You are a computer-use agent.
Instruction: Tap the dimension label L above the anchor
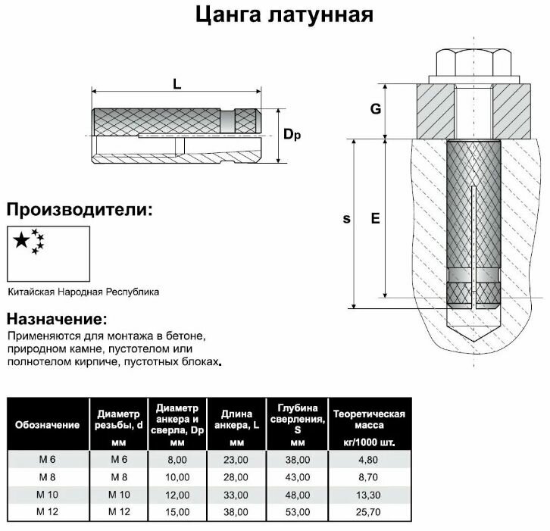[x=177, y=86]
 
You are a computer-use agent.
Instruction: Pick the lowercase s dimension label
[x=346, y=219]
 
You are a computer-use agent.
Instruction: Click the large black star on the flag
[x=21, y=241]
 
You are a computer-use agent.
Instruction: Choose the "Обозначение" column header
[x=47, y=425]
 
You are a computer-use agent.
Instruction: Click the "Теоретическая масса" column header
[x=369, y=425]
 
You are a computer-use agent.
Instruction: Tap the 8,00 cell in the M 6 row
[x=177, y=458]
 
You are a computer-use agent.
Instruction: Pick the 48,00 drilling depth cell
[x=296, y=494]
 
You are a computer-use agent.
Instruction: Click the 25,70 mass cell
[x=369, y=512]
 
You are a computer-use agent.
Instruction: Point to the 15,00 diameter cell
[x=177, y=512]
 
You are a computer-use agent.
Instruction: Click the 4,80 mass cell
[x=369, y=458]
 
